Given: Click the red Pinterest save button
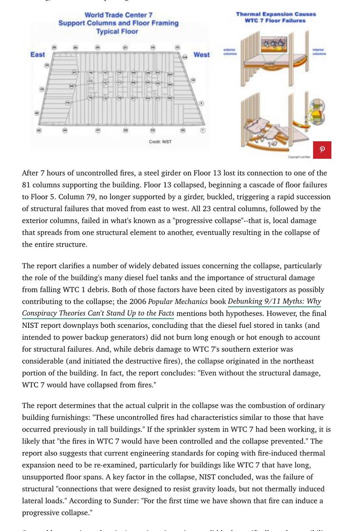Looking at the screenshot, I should (x=322, y=150).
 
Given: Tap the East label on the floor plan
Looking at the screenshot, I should (x=38, y=55).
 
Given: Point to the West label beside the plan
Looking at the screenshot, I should (x=202, y=55).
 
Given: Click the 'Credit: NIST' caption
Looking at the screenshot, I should (x=160, y=142).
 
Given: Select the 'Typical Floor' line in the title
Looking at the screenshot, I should (x=117, y=32).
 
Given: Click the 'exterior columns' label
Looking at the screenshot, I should (x=230, y=52).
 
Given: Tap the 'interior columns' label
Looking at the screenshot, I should (x=319, y=52).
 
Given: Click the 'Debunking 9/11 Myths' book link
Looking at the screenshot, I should (x=274, y=301).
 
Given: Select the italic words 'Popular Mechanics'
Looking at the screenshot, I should (x=178, y=301).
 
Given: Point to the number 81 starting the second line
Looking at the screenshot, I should (x=26, y=185).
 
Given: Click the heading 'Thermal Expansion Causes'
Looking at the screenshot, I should (x=276, y=14).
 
